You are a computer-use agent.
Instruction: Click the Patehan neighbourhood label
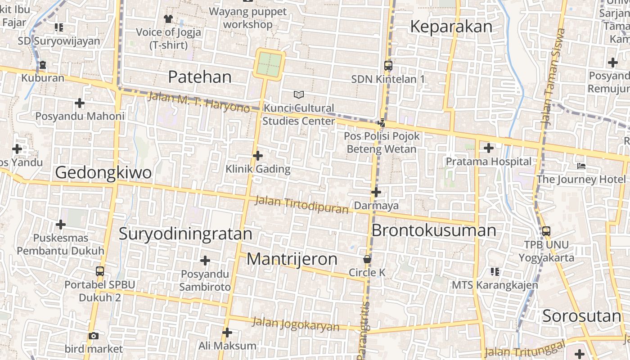pos(199,77)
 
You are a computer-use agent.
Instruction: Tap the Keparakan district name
pos(451,27)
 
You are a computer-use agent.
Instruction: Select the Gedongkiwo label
pos(103,172)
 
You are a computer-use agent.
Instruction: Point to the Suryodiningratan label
pos(185,234)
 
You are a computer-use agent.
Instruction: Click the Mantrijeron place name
pos(292,259)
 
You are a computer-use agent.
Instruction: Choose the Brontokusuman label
pos(433,230)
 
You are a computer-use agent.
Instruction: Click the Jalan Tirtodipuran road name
pos(301,205)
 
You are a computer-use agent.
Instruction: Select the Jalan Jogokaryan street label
pos(295,324)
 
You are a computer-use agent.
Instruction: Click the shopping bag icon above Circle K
pos(367,259)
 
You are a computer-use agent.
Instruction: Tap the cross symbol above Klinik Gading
pos(257,156)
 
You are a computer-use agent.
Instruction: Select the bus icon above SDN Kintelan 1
pos(388,65)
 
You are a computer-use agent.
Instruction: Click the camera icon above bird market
pos(93,336)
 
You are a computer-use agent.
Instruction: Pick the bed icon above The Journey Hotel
pos(581,166)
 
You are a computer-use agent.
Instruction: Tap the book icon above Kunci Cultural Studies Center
pos(298,94)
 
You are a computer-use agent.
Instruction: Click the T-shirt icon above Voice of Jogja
pos(168,18)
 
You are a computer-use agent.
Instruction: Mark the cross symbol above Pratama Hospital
pos(488,148)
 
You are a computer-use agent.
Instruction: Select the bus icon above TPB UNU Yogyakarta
pos(546,231)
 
